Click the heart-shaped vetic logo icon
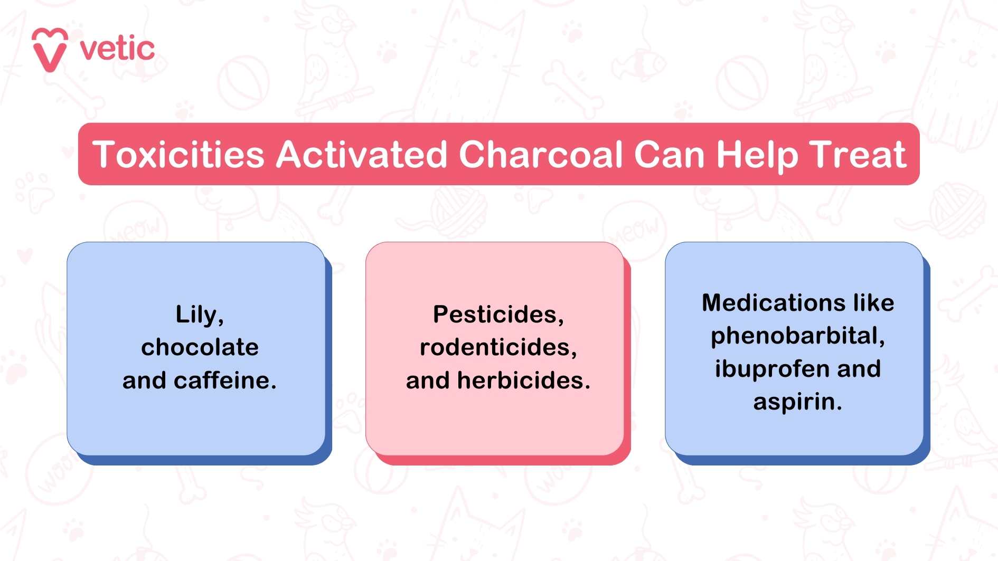[x=50, y=49]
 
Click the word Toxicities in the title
[x=178, y=155]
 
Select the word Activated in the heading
[x=362, y=155]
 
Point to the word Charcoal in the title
[x=541, y=155]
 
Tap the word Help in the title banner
[x=756, y=156]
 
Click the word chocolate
[x=200, y=347]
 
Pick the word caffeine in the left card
[x=225, y=381]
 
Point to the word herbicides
[x=524, y=381]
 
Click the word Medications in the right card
[x=774, y=303]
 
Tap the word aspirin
[x=797, y=402]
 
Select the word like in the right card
[x=874, y=303]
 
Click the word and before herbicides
[x=428, y=381]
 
